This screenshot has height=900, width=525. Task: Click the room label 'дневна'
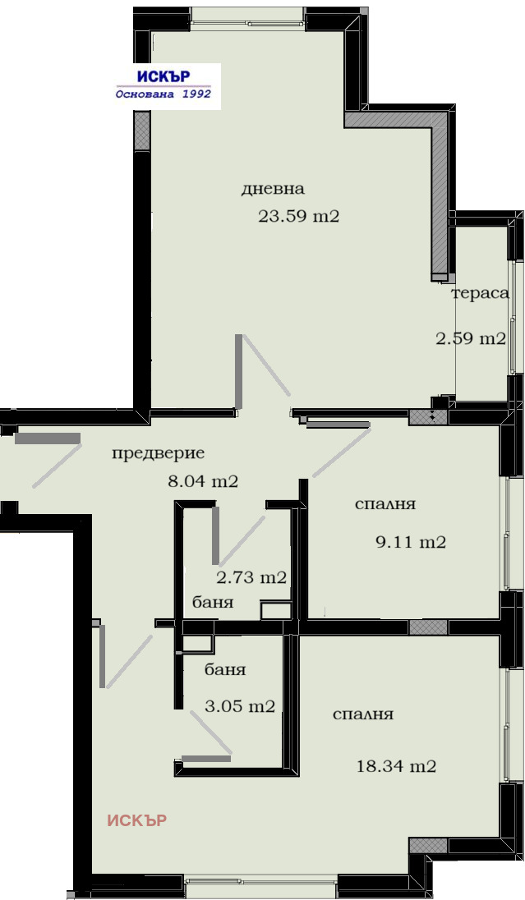tap(273, 189)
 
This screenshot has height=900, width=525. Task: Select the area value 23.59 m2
tap(298, 218)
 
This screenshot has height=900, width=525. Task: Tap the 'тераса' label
tap(480, 293)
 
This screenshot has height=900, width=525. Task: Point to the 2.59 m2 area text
tap(470, 338)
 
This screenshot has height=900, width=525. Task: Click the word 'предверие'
tap(158, 453)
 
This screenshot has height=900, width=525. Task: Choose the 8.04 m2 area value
tap(202, 482)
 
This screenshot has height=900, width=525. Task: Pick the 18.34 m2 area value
tap(395, 767)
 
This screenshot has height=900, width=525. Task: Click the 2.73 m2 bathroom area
tap(251, 577)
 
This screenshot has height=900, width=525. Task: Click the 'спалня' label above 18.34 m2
tap(362, 714)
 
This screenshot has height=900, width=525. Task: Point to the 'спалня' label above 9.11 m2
tap(385, 504)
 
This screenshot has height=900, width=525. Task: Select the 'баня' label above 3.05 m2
tap(224, 670)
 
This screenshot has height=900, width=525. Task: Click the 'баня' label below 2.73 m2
tap(212, 603)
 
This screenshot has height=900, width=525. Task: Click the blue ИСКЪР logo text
tap(163, 76)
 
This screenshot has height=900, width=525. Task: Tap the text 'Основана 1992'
tap(163, 94)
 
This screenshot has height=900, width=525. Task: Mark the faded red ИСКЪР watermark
tap(137, 820)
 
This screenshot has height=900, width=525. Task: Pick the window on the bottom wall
tap(261, 887)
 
